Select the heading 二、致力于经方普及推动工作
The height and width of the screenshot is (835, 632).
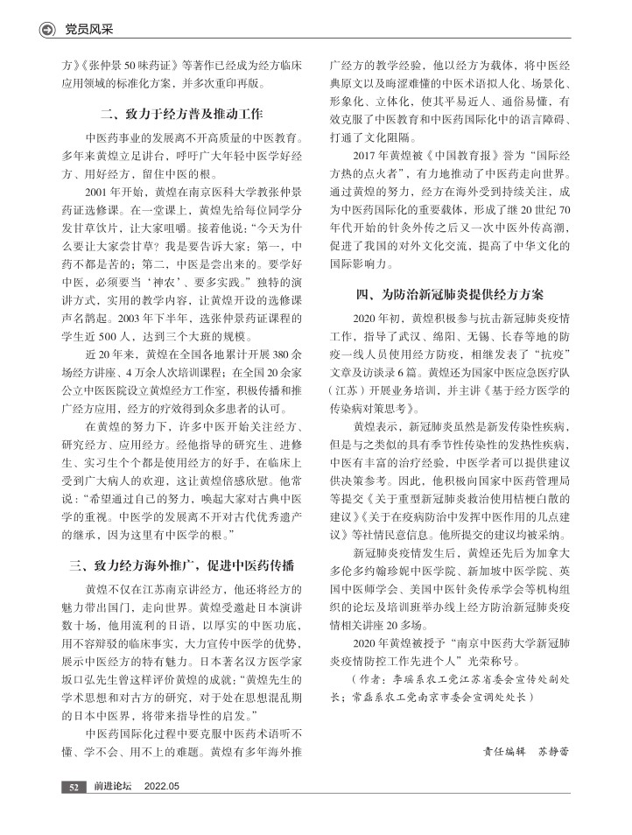click(x=182, y=115)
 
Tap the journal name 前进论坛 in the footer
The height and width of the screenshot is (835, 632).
click(x=113, y=787)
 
